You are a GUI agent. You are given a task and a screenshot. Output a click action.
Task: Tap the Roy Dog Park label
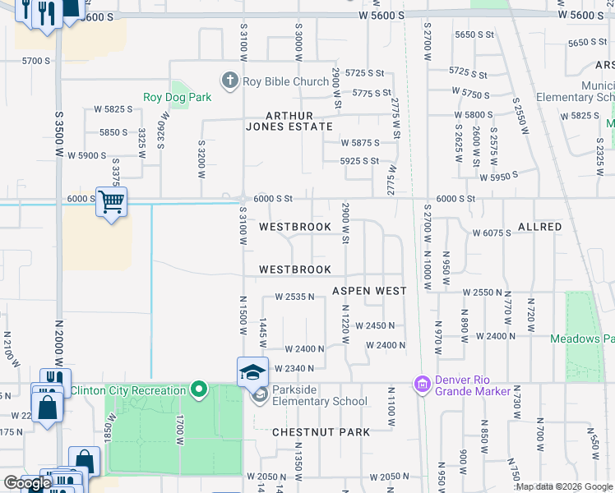[178, 97]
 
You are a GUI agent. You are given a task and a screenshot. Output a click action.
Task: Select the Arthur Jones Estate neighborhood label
[289, 121]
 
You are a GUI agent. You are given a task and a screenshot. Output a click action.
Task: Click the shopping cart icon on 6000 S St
[111, 200]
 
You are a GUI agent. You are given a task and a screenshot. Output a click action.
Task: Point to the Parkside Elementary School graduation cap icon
[252, 371]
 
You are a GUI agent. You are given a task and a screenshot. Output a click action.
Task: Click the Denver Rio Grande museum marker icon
[423, 385]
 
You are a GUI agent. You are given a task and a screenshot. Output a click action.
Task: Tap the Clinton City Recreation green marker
[198, 389]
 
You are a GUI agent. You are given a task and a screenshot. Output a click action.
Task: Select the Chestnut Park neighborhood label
[309, 431]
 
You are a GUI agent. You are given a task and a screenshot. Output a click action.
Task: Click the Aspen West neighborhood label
[369, 291]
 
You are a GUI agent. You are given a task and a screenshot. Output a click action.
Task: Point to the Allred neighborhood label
[539, 226]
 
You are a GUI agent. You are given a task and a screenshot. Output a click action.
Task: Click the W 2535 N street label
[295, 297]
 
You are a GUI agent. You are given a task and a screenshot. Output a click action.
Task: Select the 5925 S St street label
[360, 161]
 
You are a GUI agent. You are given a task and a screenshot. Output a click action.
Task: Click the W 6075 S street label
[492, 233]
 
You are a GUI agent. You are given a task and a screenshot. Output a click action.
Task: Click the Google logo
[27, 483]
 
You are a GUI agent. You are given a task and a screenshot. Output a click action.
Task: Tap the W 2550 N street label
[482, 293]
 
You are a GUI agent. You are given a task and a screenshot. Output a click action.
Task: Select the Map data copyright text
[564, 486]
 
